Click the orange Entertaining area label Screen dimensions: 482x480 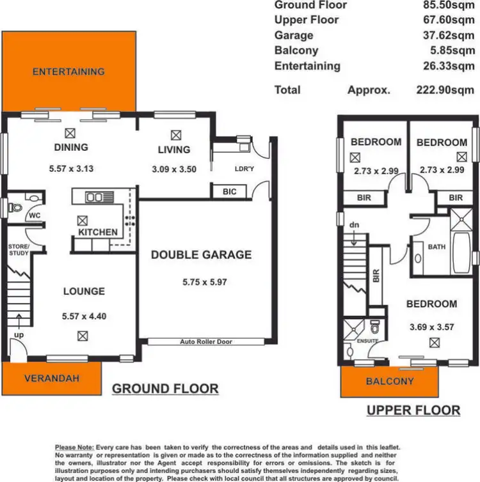(68, 72)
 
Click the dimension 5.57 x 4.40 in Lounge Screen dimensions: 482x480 (83, 316)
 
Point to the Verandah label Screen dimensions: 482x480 (52, 378)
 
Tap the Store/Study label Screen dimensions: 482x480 (19, 249)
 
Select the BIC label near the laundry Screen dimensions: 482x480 (230, 191)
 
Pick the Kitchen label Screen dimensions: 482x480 (98, 231)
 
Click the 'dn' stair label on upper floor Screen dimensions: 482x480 (355, 224)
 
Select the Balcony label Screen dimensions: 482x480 (390, 382)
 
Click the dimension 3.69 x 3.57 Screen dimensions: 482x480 (432, 327)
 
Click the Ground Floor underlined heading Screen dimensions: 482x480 (165, 388)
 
